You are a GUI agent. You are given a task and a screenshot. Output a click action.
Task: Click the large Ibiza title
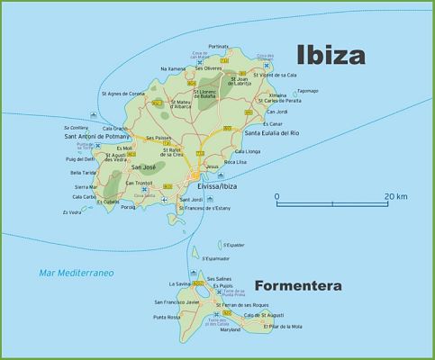(331, 55)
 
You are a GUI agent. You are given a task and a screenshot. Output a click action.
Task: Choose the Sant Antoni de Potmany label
(98, 136)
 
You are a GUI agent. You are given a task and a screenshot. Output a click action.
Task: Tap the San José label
(145, 167)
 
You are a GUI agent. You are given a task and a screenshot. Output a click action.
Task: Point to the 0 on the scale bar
(276, 195)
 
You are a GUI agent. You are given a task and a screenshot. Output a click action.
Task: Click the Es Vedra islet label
(70, 212)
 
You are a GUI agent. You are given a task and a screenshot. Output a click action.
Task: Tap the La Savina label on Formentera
(178, 283)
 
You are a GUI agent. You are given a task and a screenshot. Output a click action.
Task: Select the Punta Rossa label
(168, 317)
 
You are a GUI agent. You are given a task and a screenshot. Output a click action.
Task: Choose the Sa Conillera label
(76, 127)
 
